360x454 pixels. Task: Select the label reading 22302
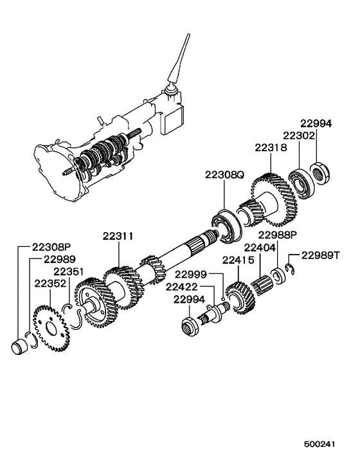click(297, 136)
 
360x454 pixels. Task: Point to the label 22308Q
click(224, 174)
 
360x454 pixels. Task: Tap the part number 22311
click(117, 236)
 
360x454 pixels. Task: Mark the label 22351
click(66, 271)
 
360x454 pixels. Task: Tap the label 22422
click(181, 287)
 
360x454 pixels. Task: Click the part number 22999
click(190, 275)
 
